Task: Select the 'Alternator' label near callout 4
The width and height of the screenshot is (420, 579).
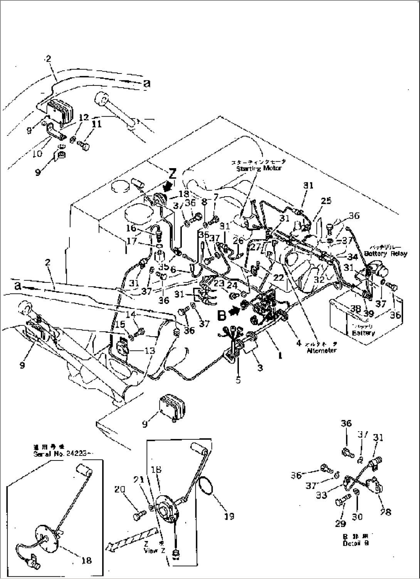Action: click(321, 350)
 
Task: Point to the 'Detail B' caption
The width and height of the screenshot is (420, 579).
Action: click(355, 543)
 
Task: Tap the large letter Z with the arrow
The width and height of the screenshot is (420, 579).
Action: click(172, 174)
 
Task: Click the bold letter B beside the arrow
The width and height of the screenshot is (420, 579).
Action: click(222, 315)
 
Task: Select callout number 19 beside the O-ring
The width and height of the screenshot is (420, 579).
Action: click(229, 516)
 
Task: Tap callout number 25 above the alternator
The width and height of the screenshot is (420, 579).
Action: click(326, 200)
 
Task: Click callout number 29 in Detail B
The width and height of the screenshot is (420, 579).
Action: click(341, 523)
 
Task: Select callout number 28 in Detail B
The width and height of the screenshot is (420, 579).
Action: click(385, 512)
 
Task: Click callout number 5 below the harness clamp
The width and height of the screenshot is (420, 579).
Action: click(238, 380)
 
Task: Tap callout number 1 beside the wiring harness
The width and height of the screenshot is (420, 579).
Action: click(280, 356)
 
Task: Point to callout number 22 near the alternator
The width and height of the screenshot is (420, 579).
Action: click(278, 277)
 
